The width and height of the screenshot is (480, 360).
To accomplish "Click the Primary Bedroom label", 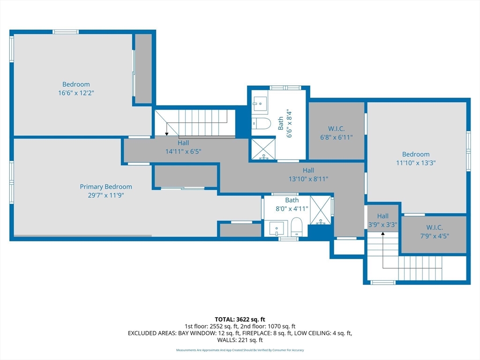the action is point(106,187).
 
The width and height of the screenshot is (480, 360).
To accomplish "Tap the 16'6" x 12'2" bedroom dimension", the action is point(76,93).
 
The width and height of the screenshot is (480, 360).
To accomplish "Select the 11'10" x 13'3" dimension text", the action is point(416,163).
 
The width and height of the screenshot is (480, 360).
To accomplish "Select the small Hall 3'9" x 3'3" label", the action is point(382,220).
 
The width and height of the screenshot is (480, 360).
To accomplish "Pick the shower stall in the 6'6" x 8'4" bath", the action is point(263,149).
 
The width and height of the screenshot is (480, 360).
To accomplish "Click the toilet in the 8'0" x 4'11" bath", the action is point(296,227).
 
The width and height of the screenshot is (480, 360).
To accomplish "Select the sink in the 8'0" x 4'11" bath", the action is point(277,229).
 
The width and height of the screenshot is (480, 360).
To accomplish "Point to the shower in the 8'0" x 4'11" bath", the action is point(321,210).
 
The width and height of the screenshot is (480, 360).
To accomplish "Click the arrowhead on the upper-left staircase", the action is point(166,134).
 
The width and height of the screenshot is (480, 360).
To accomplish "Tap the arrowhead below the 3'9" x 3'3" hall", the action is point(382,234).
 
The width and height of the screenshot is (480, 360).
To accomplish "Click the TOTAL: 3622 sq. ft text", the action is point(240,320).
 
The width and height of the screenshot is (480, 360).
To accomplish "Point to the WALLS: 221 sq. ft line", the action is point(240,340).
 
